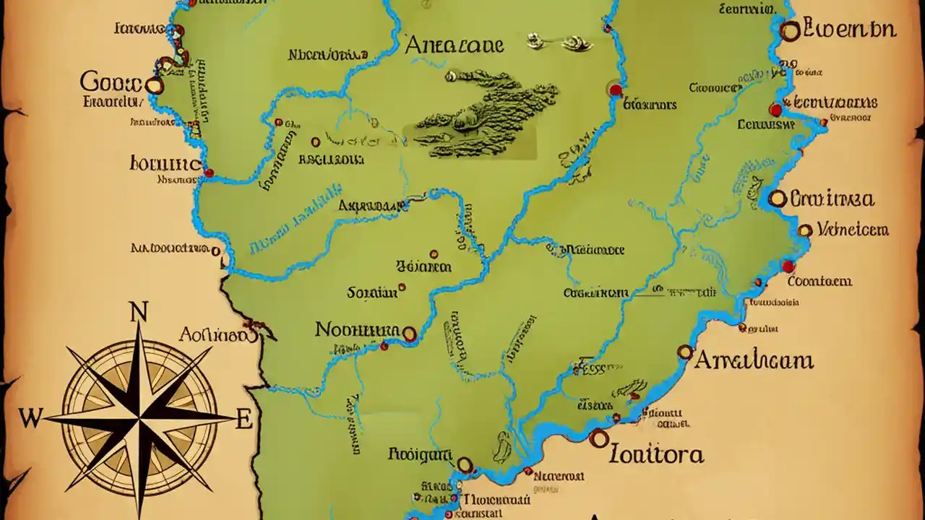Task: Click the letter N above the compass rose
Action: click(x=137, y=312)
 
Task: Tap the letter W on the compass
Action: click(x=30, y=418)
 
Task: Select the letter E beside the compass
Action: click(x=244, y=418)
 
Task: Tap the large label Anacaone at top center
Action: click(x=454, y=45)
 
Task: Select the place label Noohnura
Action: click(x=357, y=330)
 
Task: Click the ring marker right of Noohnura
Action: click(x=410, y=334)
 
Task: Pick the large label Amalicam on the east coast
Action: click(x=754, y=360)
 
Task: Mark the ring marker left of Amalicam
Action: click(x=685, y=352)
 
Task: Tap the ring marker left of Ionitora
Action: click(x=598, y=438)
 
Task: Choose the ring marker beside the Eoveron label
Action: click(x=791, y=30)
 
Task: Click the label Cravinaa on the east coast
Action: click(x=832, y=199)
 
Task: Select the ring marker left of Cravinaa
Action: click(x=778, y=198)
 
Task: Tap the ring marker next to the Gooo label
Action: click(x=154, y=86)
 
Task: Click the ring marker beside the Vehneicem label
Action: click(x=805, y=230)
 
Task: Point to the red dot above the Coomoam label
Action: click(x=788, y=266)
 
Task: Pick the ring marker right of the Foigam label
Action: click(x=465, y=464)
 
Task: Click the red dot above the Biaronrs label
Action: click(x=615, y=90)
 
